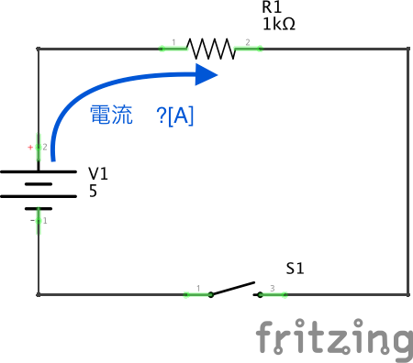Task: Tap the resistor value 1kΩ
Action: (279, 25)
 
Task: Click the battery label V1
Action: (98, 173)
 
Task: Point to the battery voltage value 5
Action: (93, 192)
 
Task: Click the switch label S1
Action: (295, 269)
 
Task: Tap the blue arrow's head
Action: (206, 73)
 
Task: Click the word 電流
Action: (111, 115)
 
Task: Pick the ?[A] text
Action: (174, 115)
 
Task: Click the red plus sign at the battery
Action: (30, 147)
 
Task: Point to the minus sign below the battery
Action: (30, 220)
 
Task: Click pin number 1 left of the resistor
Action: (173, 43)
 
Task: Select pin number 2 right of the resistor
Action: (247, 43)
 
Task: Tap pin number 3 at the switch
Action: (272, 290)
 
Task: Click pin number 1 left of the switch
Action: (198, 290)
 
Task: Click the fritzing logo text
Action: (333, 338)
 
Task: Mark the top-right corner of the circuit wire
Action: (407, 48)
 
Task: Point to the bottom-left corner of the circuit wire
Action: (39, 294)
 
